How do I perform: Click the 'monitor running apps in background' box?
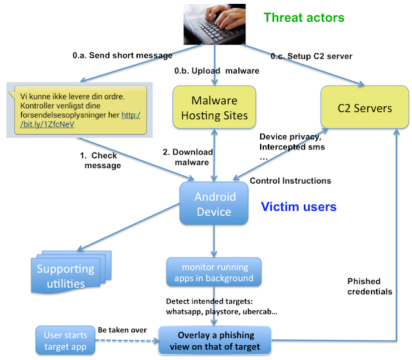[x=214, y=272]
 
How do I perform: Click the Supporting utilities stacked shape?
[x=64, y=274]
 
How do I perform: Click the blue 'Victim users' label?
[x=298, y=207]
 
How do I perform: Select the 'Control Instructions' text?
[x=290, y=181]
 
